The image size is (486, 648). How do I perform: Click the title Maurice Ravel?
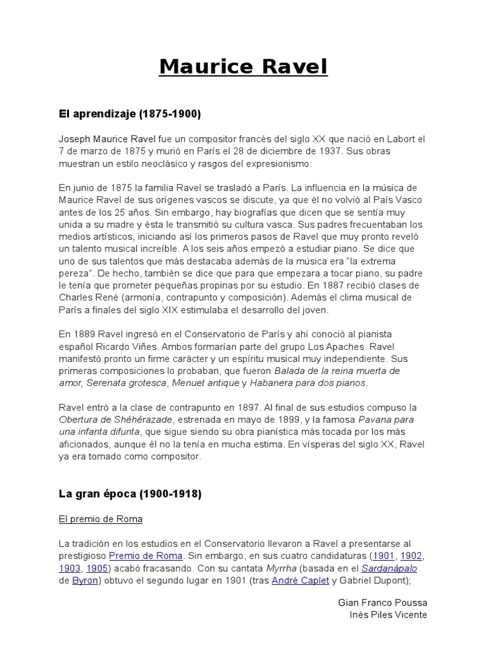[243, 66]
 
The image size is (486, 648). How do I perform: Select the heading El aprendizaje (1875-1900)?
[129, 115]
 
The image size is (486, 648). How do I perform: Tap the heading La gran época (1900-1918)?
[130, 494]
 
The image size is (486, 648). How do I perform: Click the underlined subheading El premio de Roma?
[101, 519]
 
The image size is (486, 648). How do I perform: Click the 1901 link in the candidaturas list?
[383, 556]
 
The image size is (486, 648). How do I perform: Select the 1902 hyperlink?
[411, 556]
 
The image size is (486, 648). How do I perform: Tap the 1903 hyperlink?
[70, 568]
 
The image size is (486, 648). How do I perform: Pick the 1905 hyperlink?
[97, 568]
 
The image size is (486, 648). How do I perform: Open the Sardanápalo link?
[389, 568]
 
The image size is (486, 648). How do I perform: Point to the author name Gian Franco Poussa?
[383, 602]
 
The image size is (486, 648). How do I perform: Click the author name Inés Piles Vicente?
[388, 614]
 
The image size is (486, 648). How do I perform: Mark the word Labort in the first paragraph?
[399, 139]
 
